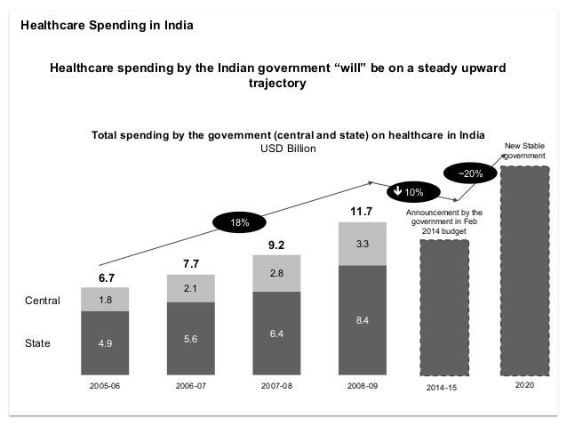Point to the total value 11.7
point(361,211)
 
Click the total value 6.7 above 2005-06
point(105,277)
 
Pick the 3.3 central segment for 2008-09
point(363,243)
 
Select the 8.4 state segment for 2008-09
point(363,320)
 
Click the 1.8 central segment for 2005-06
point(105,300)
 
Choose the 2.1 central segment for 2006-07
point(191,288)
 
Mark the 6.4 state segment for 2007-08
point(277,334)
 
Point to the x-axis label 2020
point(525,388)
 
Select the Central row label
point(43,301)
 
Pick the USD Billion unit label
point(288,149)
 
